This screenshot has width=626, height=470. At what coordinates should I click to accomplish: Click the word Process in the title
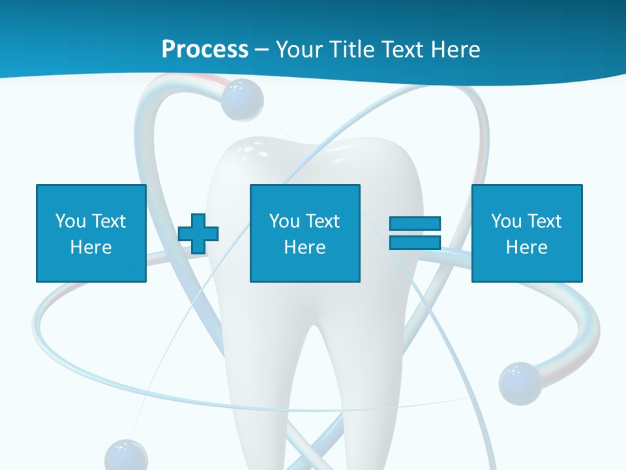tap(205, 49)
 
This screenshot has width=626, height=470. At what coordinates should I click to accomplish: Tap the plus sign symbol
tap(198, 233)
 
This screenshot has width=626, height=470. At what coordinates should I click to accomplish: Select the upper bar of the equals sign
tap(415, 224)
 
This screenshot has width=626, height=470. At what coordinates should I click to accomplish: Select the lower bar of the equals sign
tap(415, 242)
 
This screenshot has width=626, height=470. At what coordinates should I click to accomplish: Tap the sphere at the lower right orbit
tap(520, 383)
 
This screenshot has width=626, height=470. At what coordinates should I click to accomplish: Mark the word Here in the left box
tap(91, 247)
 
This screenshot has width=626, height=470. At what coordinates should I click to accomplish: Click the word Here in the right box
tap(526, 247)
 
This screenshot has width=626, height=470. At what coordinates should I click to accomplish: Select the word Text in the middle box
tap(323, 221)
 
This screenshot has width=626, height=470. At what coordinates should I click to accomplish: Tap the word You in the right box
tap(506, 221)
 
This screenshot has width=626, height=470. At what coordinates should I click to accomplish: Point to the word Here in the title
tap(455, 49)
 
